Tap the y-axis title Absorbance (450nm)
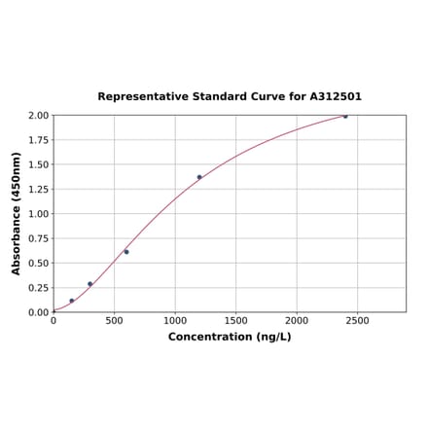[x=17, y=213]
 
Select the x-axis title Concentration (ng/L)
[x=230, y=337]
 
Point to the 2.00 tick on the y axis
[x=37, y=115]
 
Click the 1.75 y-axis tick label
[x=37, y=140]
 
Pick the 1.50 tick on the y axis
[x=37, y=164]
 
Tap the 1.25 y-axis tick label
[x=37, y=189]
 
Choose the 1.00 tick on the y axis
[x=37, y=214]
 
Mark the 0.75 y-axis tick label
[x=37, y=238]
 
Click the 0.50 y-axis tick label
[x=37, y=263]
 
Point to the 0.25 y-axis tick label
[x=37, y=288]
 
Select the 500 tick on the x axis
[x=114, y=320]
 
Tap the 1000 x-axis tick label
[x=175, y=320]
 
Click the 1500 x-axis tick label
[x=235, y=320]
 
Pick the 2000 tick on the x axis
[x=297, y=320]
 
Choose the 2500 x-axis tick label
[x=357, y=320]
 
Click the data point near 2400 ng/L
[x=344, y=116]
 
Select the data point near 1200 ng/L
[x=199, y=177]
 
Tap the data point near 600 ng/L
[x=126, y=251]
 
